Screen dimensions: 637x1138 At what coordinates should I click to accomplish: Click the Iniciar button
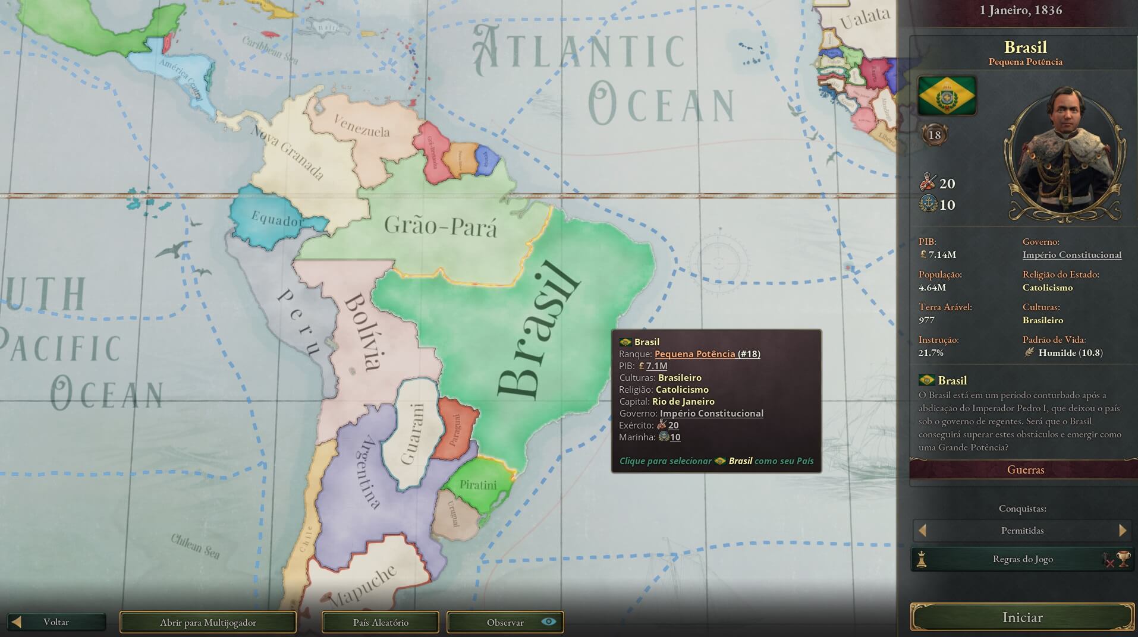pyautogui.click(x=1022, y=617)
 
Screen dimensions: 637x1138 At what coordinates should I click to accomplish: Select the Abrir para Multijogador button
pyautogui.click(x=208, y=622)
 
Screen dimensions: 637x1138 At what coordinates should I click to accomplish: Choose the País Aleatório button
pyautogui.click(x=381, y=622)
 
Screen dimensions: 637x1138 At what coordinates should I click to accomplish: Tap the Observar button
pyautogui.click(x=505, y=622)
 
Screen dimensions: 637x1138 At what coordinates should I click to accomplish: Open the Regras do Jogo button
pyautogui.click(x=1022, y=559)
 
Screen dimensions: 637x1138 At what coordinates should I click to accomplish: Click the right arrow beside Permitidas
pyautogui.click(x=1123, y=530)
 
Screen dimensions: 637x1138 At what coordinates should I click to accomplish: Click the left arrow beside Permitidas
pyautogui.click(x=922, y=530)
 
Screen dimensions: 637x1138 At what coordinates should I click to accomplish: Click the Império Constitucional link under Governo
pyautogui.click(x=1071, y=255)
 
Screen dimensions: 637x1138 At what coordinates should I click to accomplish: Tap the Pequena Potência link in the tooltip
pyautogui.click(x=694, y=354)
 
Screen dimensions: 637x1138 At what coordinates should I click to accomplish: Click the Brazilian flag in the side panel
pyautogui.click(x=947, y=95)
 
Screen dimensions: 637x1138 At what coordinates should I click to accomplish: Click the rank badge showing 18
pyautogui.click(x=935, y=135)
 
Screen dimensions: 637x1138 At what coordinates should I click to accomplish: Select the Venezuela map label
pyautogui.click(x=361, y=126)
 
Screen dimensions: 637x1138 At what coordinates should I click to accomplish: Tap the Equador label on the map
pyautogui.click(x=278, y=220)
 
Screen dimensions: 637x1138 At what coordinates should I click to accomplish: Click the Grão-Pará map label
pyautogui.click(x=440, y=226)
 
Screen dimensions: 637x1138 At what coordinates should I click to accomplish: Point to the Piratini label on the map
pyautogui.click(x=478, y=485)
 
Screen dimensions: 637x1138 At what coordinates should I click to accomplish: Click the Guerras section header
pyautogui.click(x=1025, y=469)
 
